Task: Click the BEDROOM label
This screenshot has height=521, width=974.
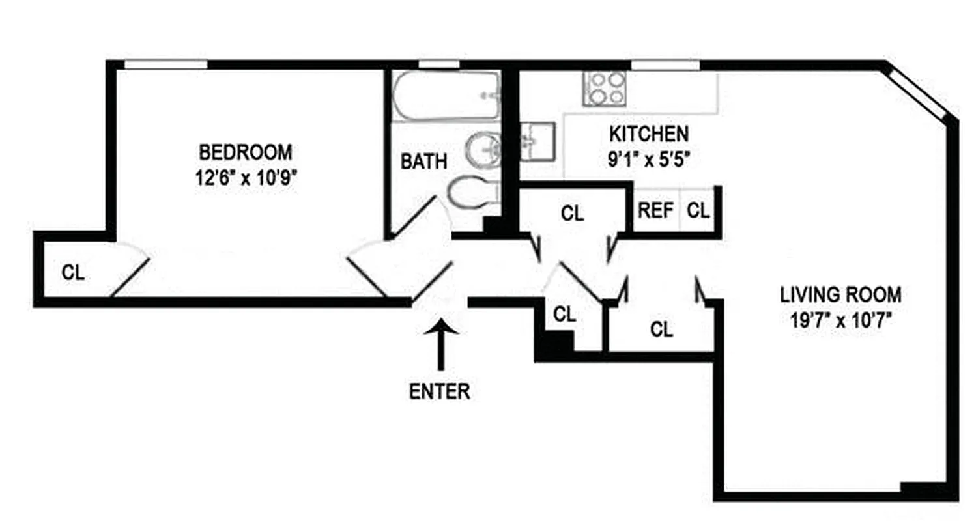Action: pyautogui.click(x=246, y=152)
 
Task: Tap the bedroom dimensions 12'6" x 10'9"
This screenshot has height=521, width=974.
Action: pyautogui.click(x=246, y=178)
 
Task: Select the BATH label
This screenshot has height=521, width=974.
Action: pyautogui.click(x=423, y=162)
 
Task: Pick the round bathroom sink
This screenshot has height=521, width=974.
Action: pyautogui.click(x=482, y=149)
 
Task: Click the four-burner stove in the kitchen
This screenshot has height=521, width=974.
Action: pyautogui.click(x=605, y=88)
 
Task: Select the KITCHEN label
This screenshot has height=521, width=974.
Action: pyautogui.click(x=648, y=134)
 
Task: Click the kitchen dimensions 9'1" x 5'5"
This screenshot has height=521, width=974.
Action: pyautogui.click(x=648, y=160)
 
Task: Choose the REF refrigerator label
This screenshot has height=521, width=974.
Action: pyautogui.click(x=655, y=211)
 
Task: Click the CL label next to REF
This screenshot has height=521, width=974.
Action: pyautogui.click(x=698, y=211)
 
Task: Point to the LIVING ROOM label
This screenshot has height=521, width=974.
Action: pyautogui.click(x=840, y=295)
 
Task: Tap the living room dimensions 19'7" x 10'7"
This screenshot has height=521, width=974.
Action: pyautogui.click(x=840, y=320)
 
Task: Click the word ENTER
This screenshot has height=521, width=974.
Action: pyautogui.click(x=440, y=391)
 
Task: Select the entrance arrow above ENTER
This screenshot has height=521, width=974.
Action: pyautogui.click(x=441, y=345)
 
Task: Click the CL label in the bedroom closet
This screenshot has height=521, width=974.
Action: pyautogui.click(x=73, y=273)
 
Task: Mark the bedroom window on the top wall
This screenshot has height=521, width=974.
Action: pyautogui.click(x=165, y=64)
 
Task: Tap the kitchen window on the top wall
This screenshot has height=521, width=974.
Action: pyautogui.click(x=665, y=64)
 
